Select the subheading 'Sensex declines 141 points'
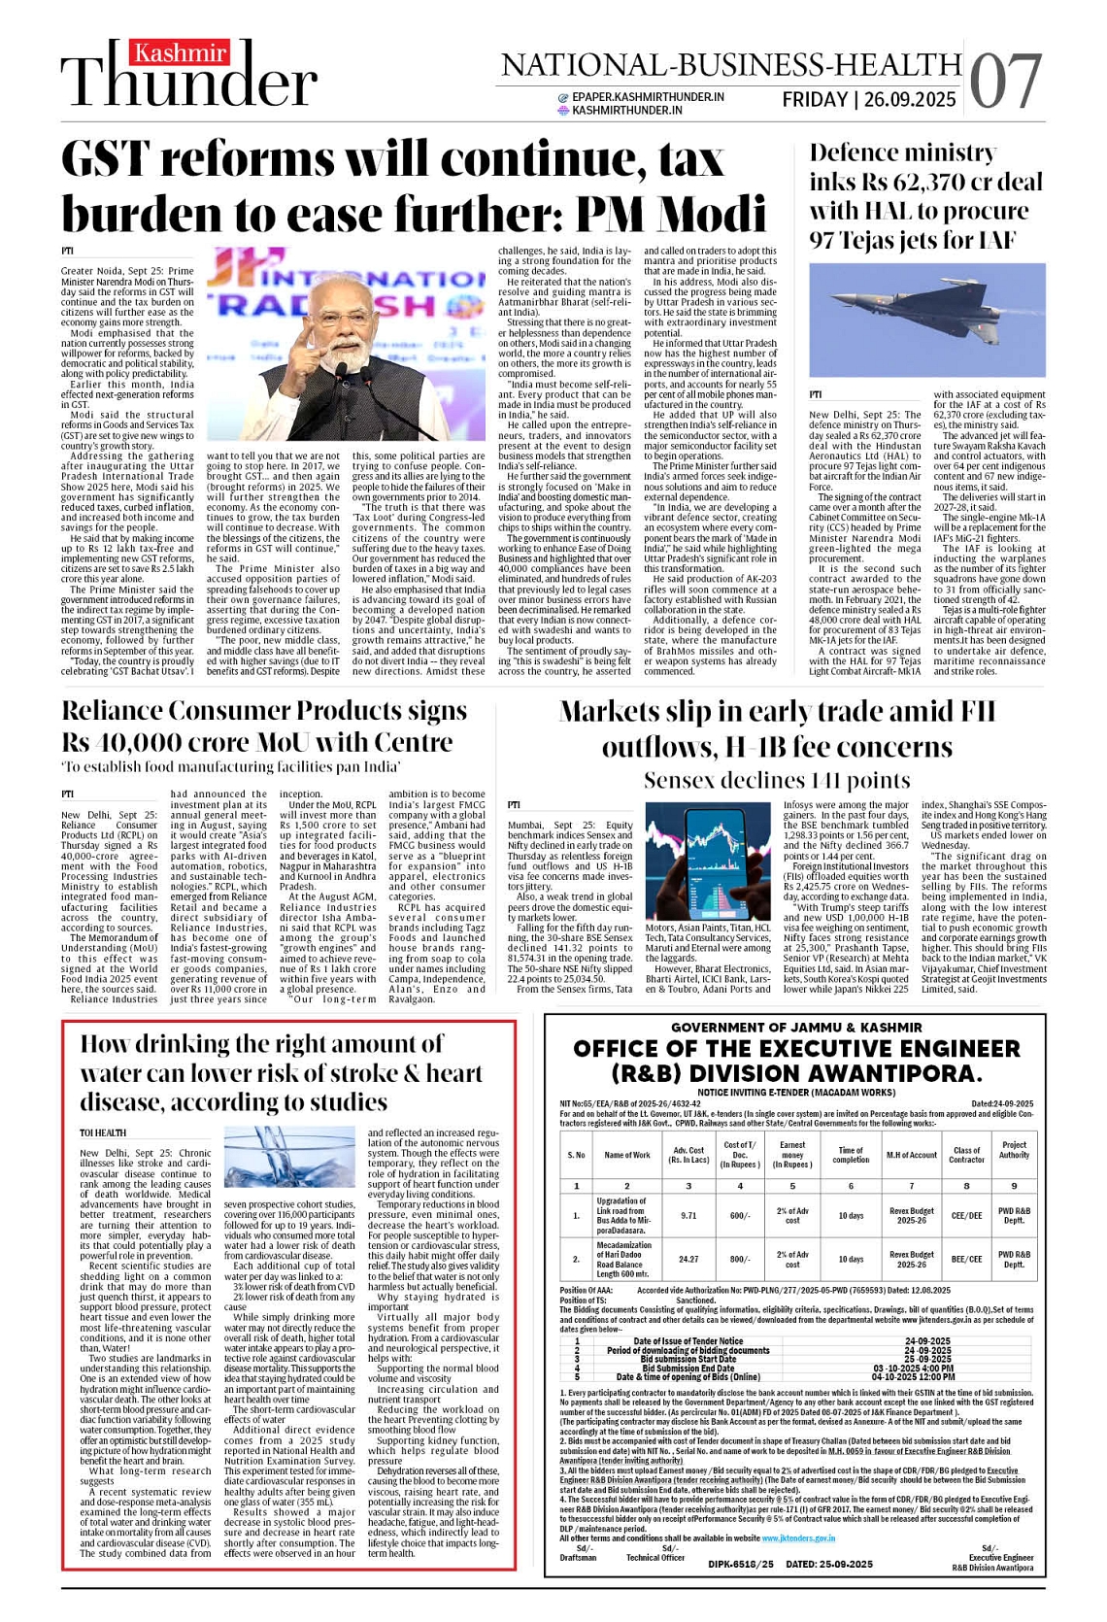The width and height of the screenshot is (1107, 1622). coord(777,781)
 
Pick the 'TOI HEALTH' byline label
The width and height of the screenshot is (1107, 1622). coord(103,1132)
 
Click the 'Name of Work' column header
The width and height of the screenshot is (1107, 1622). coord(627,1155)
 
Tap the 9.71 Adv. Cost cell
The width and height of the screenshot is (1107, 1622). coord(688,1215)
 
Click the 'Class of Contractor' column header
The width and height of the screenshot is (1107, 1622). coord(966,1155)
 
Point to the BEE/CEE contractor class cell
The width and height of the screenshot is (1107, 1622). coord(966,1259)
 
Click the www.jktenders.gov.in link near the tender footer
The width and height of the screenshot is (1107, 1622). coord(797,1538)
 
